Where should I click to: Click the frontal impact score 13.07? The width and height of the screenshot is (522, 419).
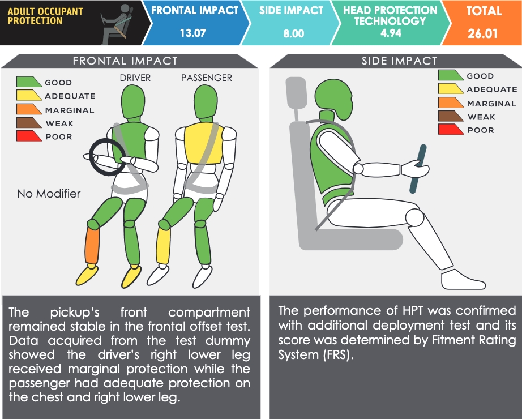coord(192,33)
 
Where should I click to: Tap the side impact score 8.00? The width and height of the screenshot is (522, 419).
coord(294,33)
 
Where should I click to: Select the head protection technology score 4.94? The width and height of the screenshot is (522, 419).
coord(391,33)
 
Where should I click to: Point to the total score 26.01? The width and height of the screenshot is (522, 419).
coord(482,33)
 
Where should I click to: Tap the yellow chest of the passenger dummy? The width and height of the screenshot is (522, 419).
coord(203,143)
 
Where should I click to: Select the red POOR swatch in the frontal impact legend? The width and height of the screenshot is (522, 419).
coord(29,136)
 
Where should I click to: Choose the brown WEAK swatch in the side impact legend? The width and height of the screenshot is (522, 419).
coord(451,116)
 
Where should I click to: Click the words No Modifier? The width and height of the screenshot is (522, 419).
coord(49,194)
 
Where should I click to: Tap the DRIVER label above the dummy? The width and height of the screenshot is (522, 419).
coord(135,78)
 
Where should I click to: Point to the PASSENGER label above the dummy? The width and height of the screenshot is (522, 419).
coord(207,78)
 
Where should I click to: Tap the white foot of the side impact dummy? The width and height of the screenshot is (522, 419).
coord(463,279)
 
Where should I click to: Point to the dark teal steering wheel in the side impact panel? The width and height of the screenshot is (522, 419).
coord(418,169)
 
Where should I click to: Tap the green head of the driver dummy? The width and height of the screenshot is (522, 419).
coord(133,101)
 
